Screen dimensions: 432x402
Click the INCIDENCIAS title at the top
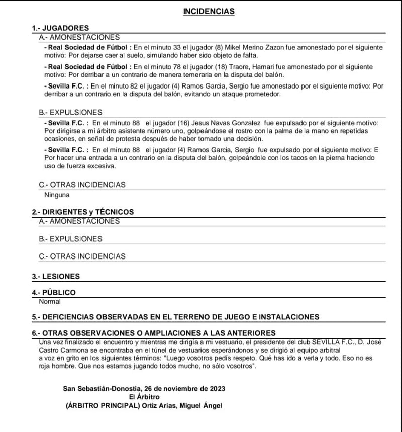tap(209, 11)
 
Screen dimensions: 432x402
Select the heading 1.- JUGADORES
tap(60, 28)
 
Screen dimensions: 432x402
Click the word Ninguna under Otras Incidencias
tap(57, 195)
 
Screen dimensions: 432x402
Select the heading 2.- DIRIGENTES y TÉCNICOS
tap(83, 212)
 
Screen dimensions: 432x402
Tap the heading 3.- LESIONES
tap(56, 276)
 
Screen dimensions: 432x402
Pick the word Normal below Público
tap(50, 302)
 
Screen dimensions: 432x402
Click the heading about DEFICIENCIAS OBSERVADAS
tap(175, 317)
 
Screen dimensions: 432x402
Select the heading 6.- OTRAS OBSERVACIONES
tap(154, 333)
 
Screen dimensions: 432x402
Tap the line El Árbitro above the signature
tap(145, 397)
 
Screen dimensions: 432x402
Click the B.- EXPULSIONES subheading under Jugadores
tap(70, 112)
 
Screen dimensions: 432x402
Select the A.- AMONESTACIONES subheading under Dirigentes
tap(79, 221)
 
